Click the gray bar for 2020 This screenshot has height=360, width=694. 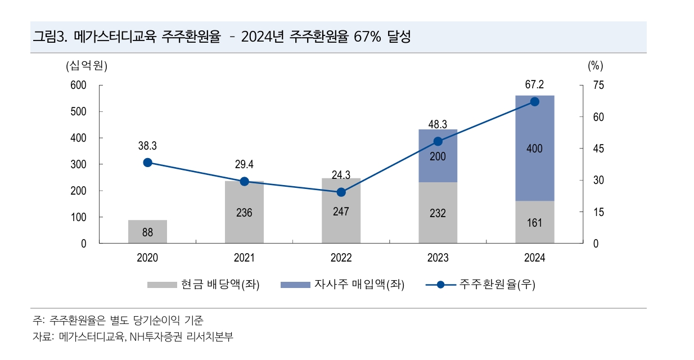tap(147, 231)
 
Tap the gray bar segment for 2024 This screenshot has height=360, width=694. tap(535, 222)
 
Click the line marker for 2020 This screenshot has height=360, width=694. tap(147, 163)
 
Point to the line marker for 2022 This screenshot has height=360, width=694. tap(341, 192)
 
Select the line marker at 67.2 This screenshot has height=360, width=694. tap(535, 102)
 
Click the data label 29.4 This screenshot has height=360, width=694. tap(244, 165)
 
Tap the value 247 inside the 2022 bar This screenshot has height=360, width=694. tap(341, 211)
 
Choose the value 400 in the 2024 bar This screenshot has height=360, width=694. tap(535, 148)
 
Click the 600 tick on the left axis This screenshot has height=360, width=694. tap(78, 85)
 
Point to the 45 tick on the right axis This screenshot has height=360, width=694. tap(598, 149)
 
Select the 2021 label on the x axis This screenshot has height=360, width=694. tap(244, 258)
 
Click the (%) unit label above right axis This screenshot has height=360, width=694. tap(596, 65)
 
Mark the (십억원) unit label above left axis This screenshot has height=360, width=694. tap(86, 65)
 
